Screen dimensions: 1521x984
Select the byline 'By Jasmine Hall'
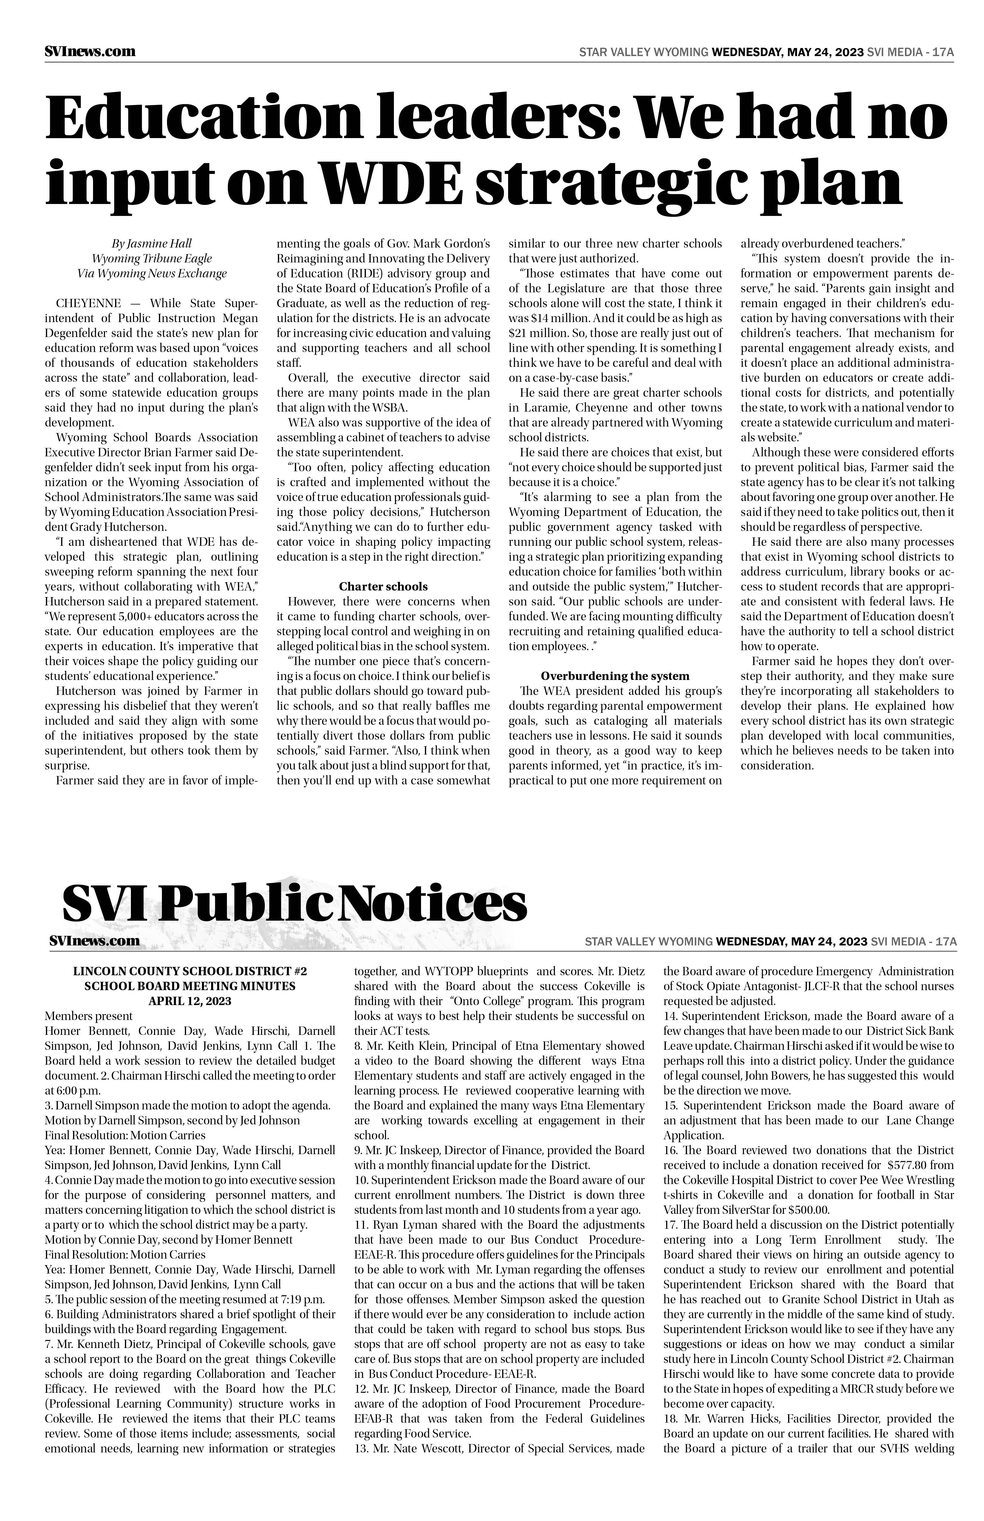coord(151,243)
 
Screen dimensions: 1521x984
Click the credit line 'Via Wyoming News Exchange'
coord(151,273)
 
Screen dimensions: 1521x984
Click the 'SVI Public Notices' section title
coord(294,903)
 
